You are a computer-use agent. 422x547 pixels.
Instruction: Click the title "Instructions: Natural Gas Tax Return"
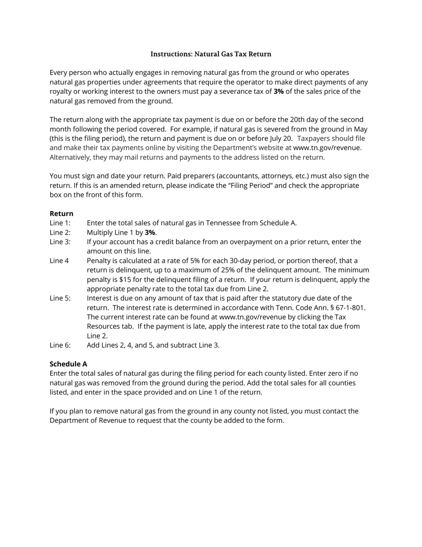click(211, 54)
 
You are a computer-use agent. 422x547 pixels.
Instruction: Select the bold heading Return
click(61, 213)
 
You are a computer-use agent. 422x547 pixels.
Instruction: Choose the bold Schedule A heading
click(68, 364)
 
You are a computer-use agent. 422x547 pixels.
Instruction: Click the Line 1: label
click(60, 223)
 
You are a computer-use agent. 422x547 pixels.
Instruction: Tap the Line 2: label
click(60, 233)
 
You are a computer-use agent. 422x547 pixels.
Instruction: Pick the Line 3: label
click(60, 242)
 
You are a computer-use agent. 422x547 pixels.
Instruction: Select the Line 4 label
click(59, 261)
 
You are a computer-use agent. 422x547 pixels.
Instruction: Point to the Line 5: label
click(60, 298)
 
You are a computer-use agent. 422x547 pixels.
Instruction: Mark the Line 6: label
click(60, 345)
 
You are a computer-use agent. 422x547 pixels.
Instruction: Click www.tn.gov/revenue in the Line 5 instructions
click(253, 317)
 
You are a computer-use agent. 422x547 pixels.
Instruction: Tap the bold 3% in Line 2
click(150, 233)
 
